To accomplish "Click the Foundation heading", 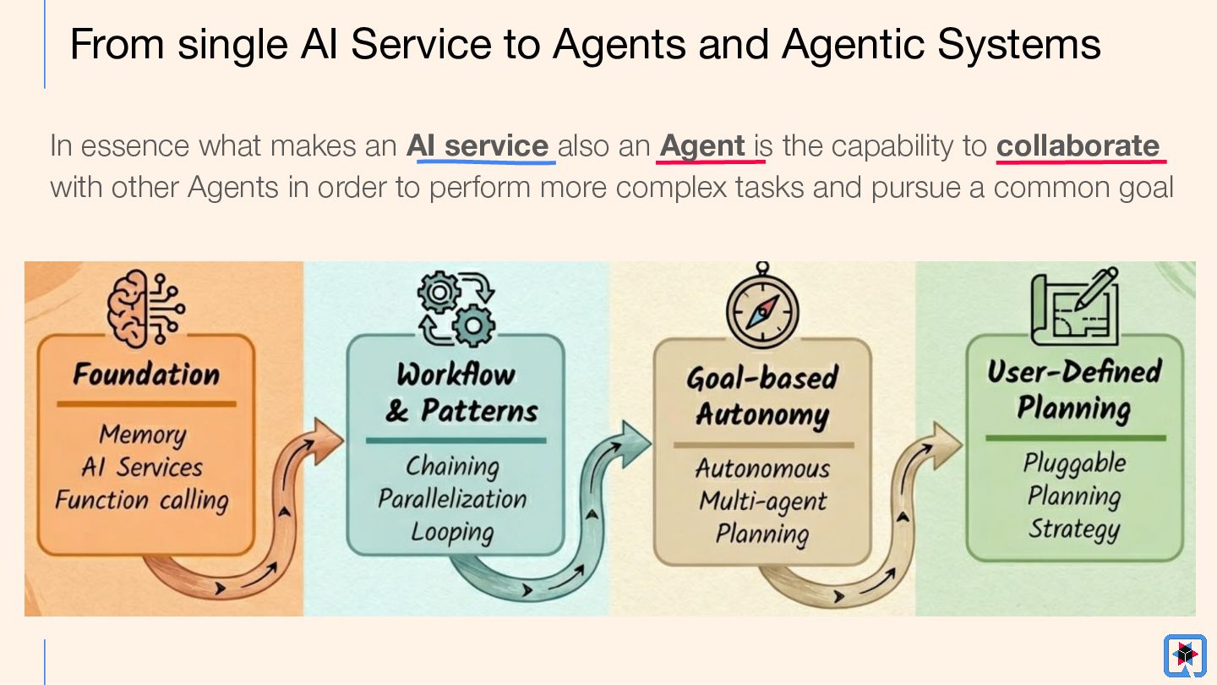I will click(146, 374).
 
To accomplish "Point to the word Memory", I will click(142, 434).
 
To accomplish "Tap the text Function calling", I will click(142, 500).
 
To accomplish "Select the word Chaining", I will click(452, 466).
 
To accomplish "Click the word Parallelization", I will click(452, 499).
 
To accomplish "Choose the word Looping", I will click(452, 533).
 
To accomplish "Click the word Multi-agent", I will click(762, 501).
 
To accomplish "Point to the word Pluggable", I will click(1074, 463).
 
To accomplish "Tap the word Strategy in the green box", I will click(1074, 529).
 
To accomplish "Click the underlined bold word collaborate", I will click(1078, 145).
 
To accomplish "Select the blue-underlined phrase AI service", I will click(478, 145).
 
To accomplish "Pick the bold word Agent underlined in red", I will click(702, 145).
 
